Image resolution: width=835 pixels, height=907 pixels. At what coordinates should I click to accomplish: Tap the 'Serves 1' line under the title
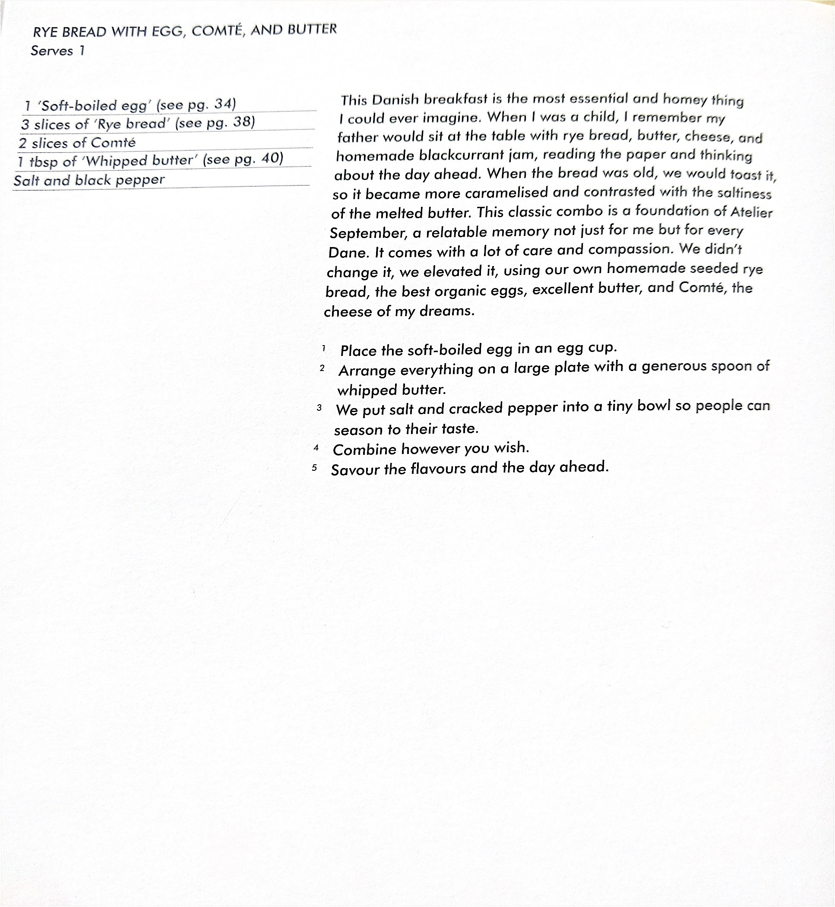[x=57, y=51]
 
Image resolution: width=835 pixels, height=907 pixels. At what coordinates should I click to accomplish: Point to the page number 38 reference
[x=242, y=122]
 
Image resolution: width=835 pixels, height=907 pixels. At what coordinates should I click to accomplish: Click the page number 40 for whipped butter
[x=270, y=159]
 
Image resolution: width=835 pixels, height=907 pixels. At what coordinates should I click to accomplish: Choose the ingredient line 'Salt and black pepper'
[x=89, y=180]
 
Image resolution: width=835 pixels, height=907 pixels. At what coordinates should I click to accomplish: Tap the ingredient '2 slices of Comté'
[x=77, y=143]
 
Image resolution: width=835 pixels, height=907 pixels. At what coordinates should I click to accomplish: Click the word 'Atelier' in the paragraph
[x=751, y=212]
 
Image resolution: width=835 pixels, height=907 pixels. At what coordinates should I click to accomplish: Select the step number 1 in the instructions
[x=323, y=348]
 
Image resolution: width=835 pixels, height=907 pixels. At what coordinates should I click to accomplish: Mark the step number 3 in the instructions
[x=319, y=408]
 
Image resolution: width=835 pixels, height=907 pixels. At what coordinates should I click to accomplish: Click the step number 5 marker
[x=314, y=468]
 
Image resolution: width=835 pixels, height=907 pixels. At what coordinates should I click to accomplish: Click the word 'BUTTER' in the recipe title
[x=312, y=29]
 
